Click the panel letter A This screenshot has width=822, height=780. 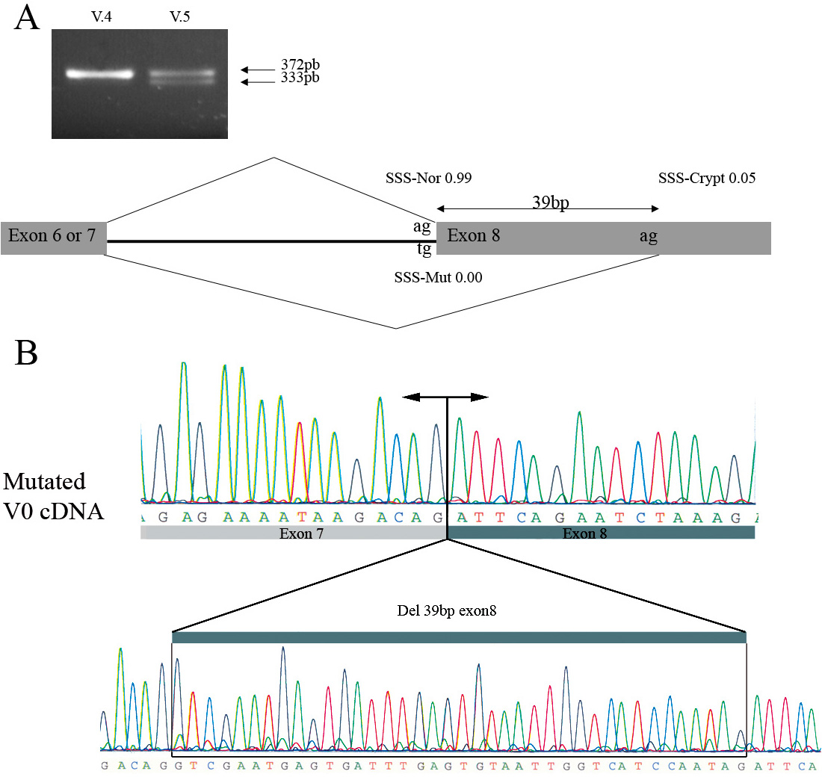(x=27, y=18)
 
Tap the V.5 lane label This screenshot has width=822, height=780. (x=179, y=16)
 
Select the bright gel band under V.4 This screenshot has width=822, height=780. (x=99, y=73)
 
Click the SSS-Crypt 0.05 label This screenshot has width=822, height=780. (x=707, y=179)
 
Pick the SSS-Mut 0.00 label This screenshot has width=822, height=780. (x=438, y=277)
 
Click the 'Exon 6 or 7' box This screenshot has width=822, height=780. (x=53, y=237)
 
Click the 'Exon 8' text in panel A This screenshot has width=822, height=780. (x=473, y=237)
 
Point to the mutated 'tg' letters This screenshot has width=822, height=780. (x=424, y=249)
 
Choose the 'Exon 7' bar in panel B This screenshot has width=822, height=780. (x=294, y=533)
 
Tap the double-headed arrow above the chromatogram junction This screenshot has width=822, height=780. (x=446, y=397)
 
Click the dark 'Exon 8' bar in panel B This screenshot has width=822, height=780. (x=602, y=533)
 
